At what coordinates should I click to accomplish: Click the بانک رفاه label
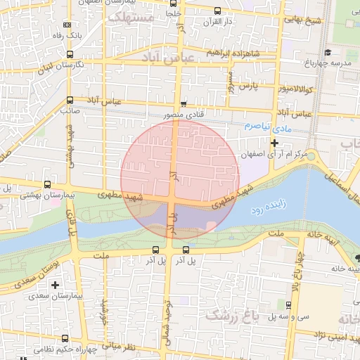pos(90,34)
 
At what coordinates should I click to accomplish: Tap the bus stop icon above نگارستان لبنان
pos(70,53)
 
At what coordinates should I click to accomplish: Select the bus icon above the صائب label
pos(69,100)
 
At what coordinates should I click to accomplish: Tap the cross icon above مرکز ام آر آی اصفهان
pos(275,143)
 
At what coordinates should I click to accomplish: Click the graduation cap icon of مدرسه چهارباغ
pos(328,53)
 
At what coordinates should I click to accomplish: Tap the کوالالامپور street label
pos(292,90)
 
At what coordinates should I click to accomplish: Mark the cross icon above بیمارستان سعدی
pos(55,285)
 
